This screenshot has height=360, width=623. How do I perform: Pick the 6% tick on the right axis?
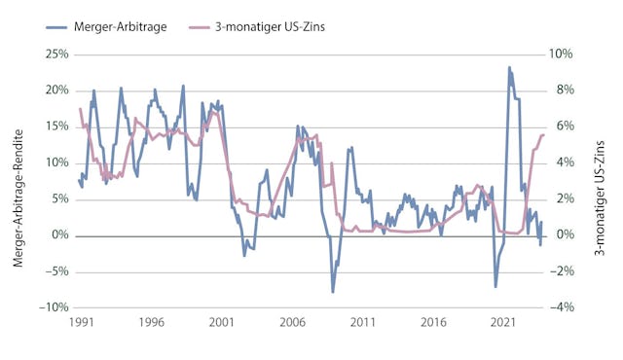pyautogui.click(x=564, y=126)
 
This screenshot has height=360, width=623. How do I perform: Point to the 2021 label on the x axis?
pyautogui.click(x=503, y=321)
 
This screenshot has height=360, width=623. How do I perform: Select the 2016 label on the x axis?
pyautogui.click(x=433, y=321)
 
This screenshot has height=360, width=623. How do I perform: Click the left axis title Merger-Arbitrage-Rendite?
pyautogui.click(x=20, y=180)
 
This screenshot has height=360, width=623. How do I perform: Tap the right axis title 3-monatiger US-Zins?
pyautogui.click(x=601, y=180)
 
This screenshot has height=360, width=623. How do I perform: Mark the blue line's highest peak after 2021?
pyautogui.click(x=509, y=67)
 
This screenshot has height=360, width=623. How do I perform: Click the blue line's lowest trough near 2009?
pyautogui.click(x=332, y=292)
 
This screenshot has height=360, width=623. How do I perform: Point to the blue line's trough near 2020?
pyautogui.click(x=495, y=286)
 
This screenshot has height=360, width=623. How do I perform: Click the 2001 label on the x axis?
pyautogui.click(x=221, y=321)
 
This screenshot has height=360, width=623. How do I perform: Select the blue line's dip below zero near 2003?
pyautogui.click(x=245, y=255)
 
